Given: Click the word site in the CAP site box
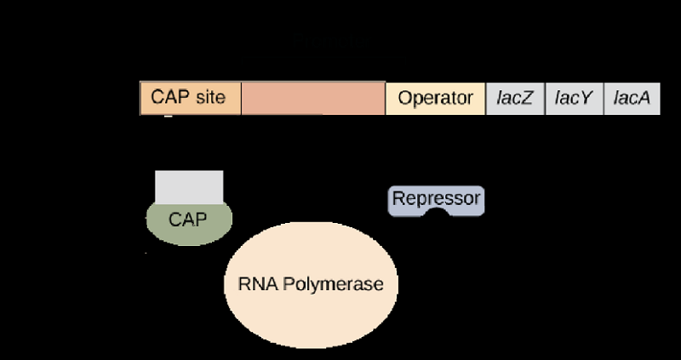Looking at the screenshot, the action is pos(210,97).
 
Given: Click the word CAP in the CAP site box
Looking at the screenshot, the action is pos(171,97).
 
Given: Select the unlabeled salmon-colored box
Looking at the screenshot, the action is pos(313,99).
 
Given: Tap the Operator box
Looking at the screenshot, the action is pos(435,99).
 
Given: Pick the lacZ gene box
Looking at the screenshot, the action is pos(515,99).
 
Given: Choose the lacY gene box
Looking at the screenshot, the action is pos(575,99).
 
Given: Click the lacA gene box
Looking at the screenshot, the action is pos(632,99).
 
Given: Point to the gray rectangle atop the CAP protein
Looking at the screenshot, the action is pos(189,187).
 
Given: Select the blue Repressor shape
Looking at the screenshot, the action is pos(436,199).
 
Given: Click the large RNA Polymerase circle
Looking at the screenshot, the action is pos(311,285).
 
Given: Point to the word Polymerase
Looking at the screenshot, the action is pos(333,285).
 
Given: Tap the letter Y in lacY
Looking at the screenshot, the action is pos(585,98).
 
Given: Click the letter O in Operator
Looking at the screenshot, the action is pos(405,98).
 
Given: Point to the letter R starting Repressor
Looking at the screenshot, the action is pos(398,198).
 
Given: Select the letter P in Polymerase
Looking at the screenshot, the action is pos(289,284).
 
